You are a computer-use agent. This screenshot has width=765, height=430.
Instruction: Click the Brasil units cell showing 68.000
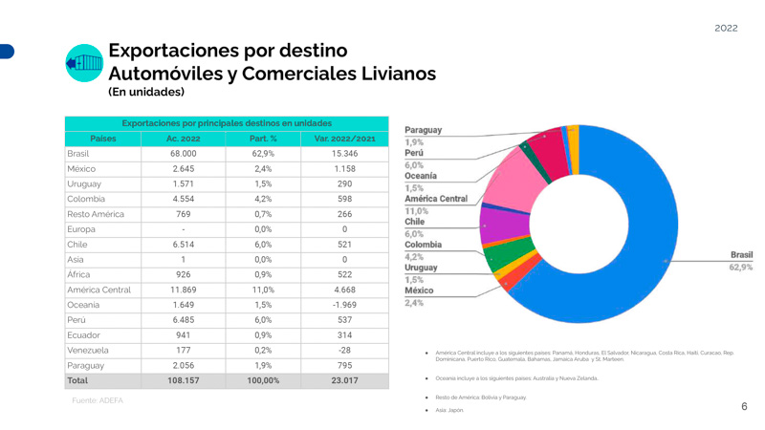click(184, 153)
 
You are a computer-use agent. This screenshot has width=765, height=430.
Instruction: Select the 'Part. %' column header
click(264, 139)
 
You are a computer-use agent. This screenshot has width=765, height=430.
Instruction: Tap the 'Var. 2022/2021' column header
click(344, 139)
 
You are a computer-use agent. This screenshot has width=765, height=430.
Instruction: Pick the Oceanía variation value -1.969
click(344, 304)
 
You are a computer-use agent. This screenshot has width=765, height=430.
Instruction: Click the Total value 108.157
click(184, 380)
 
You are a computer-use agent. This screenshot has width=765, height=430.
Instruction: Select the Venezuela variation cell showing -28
click(344, 350)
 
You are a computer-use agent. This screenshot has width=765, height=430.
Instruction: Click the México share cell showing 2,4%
click(264, 169)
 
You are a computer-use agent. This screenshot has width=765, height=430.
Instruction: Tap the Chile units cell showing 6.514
click(184, 244)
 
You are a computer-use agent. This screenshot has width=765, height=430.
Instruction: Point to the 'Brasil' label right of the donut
click(741, 255)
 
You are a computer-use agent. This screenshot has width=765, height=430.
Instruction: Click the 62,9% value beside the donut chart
click(741, 268)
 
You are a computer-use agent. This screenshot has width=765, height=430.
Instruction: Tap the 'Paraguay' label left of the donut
click(423, 130)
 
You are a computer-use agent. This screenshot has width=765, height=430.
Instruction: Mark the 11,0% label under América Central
click(416, 210)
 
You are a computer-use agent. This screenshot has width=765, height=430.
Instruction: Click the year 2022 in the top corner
click(726, 28)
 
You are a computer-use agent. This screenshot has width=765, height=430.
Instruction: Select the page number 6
click(744, 407)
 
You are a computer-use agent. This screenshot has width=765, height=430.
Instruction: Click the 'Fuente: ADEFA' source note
click(98, 400)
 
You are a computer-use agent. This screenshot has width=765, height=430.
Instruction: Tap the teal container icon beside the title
click(84, 63)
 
